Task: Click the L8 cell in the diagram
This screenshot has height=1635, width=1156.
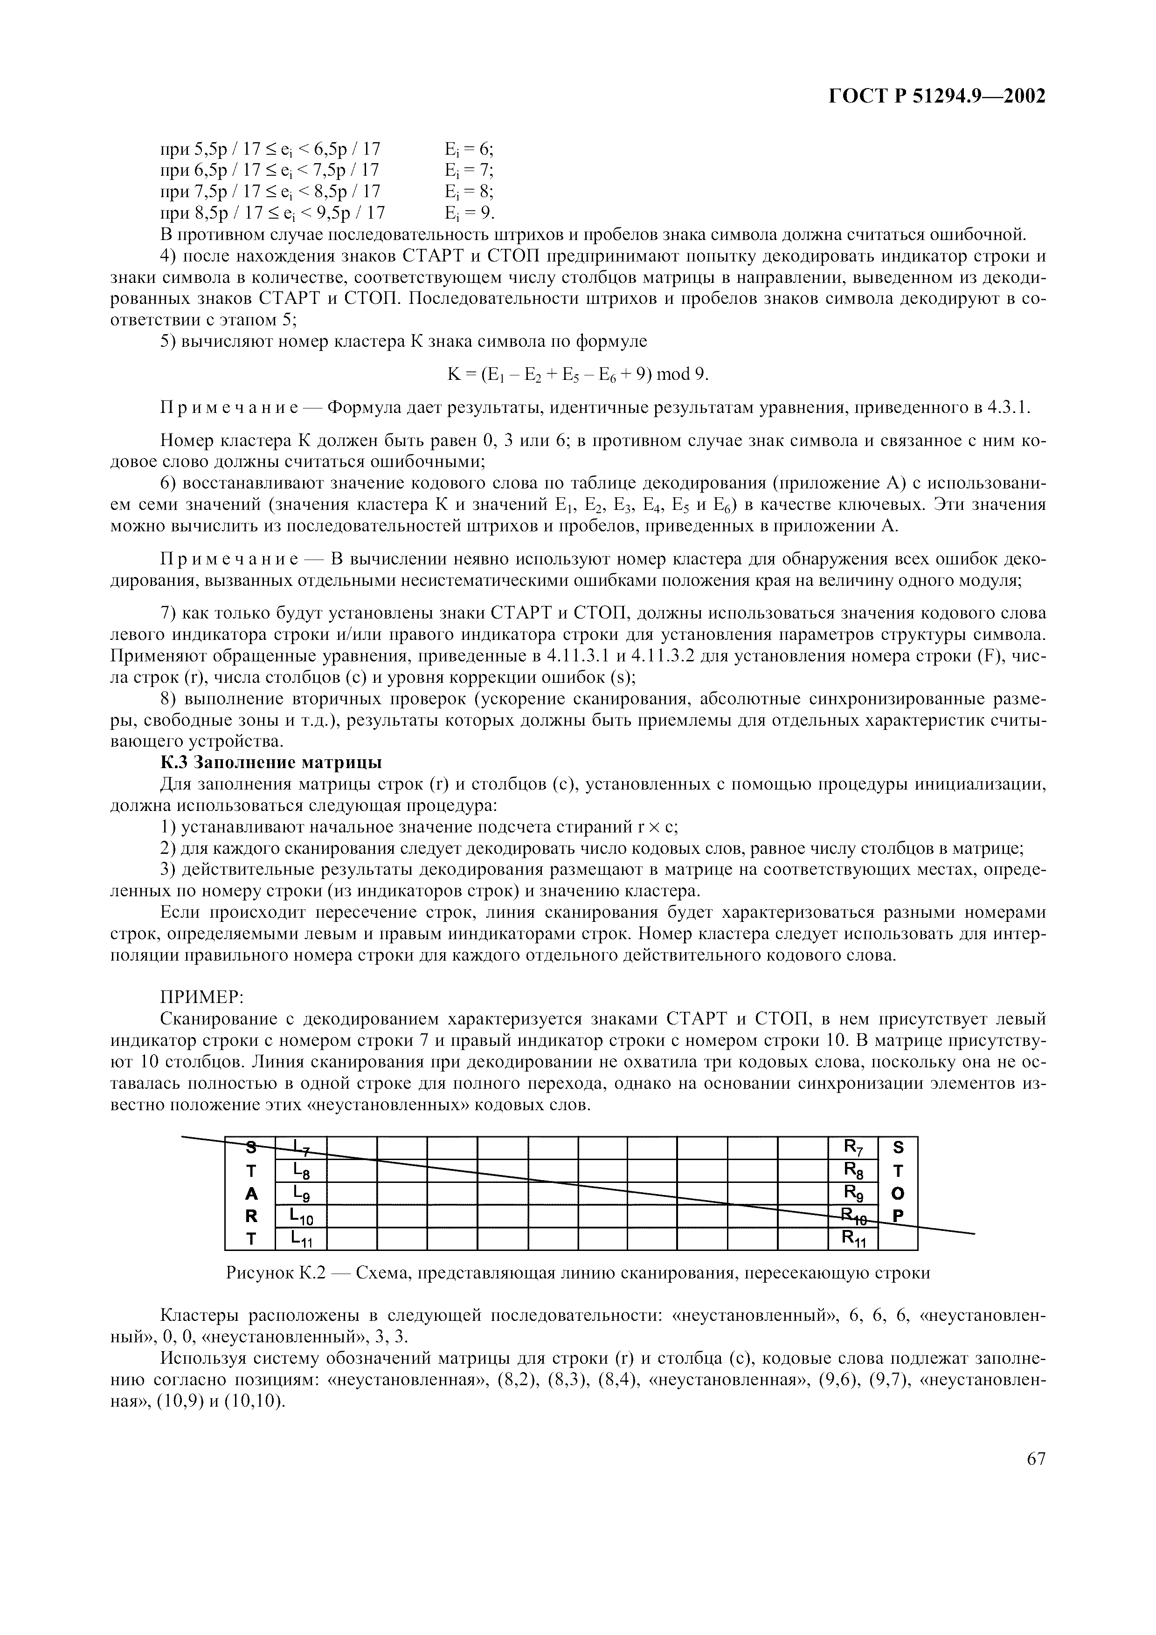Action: click(x=300, y=1171)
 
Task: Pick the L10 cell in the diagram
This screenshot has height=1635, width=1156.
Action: click(x=300, y=1216)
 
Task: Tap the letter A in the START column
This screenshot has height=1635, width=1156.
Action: click(x=250, y=1194)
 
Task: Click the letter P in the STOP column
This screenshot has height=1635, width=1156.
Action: click(x=898, y=1216)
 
